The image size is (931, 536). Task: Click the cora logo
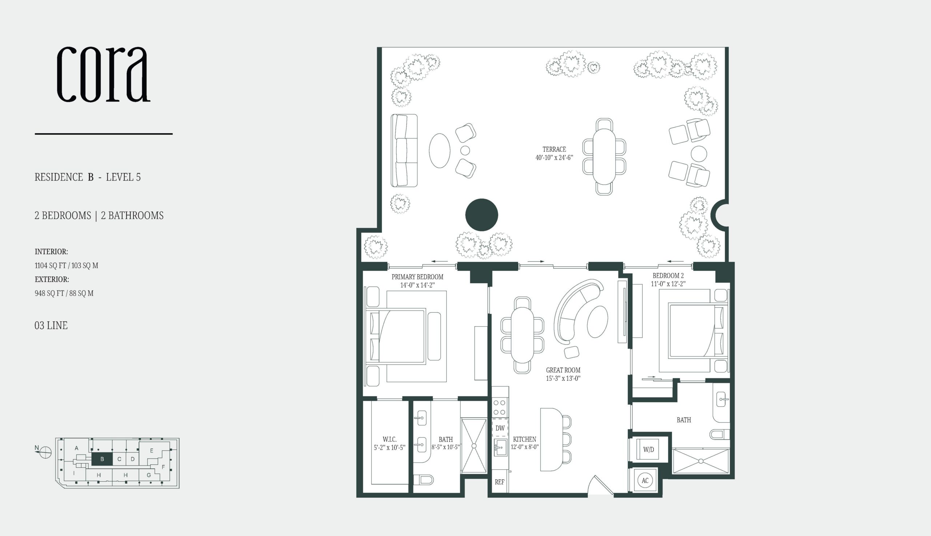pyautogui.click(x=103, y=74)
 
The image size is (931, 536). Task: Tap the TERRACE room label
pyautogui.click(x=554, y=149)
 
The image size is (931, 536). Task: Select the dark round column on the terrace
pyautogui.click(x=482, y=215)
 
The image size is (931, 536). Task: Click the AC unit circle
pyautogui.click(x=645, y=480)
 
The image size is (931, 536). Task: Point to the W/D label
pyautogui.click(x=648, y=449)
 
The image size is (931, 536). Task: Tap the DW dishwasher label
pyautogui.click(x=500, y=428)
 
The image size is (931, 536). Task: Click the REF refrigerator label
pyautogui.click(x=499, y=482)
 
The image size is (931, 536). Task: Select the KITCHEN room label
pyautogui.click(x=524, y=439)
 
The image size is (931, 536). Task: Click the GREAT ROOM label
pyautogui.click(x=563, y=370)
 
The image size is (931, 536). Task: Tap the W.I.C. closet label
pyautogui.click(x=389, y=439)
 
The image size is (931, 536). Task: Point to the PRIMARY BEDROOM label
pyautogui.click(x=417, y=277)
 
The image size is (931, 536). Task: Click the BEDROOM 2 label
pyautogui.click(x=668, y=275)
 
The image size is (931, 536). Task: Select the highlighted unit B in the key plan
pyautogui.click(x=102, y=459)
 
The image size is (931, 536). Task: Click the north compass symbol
pyautogui.click(x=45, y=452)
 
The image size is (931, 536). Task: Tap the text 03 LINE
pyautogui.click(x=51, y=325)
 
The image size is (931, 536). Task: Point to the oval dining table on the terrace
pyautogui.click(x=604, y=156)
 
